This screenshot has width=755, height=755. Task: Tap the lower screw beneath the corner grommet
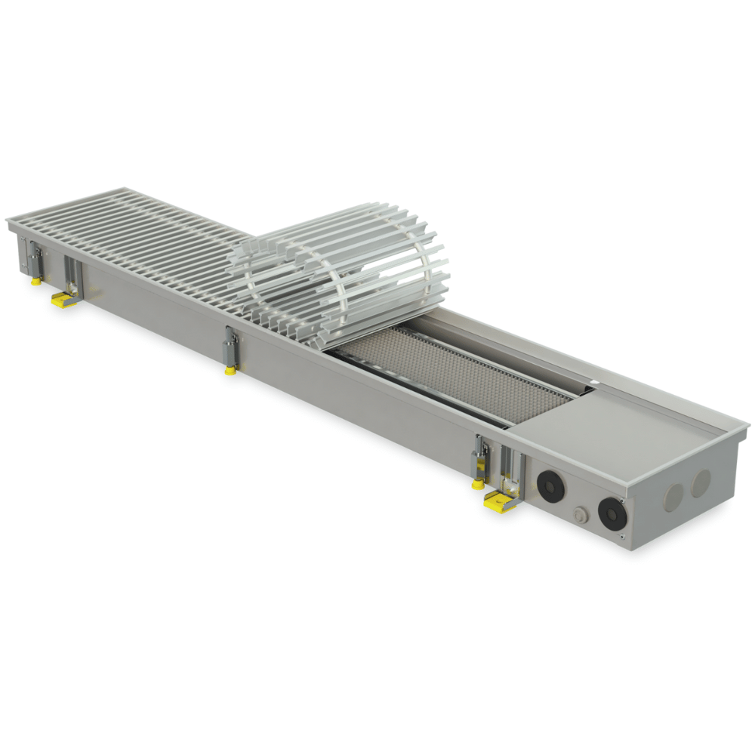coord(621,535)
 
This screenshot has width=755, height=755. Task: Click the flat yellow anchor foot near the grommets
coord(499,499)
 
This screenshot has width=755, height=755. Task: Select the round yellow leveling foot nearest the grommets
coord(478,484)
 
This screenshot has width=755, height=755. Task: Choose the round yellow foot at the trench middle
coord(230,370)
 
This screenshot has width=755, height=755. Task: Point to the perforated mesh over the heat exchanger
coord(453,374)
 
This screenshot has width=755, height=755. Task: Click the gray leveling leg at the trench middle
coord(230,347)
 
